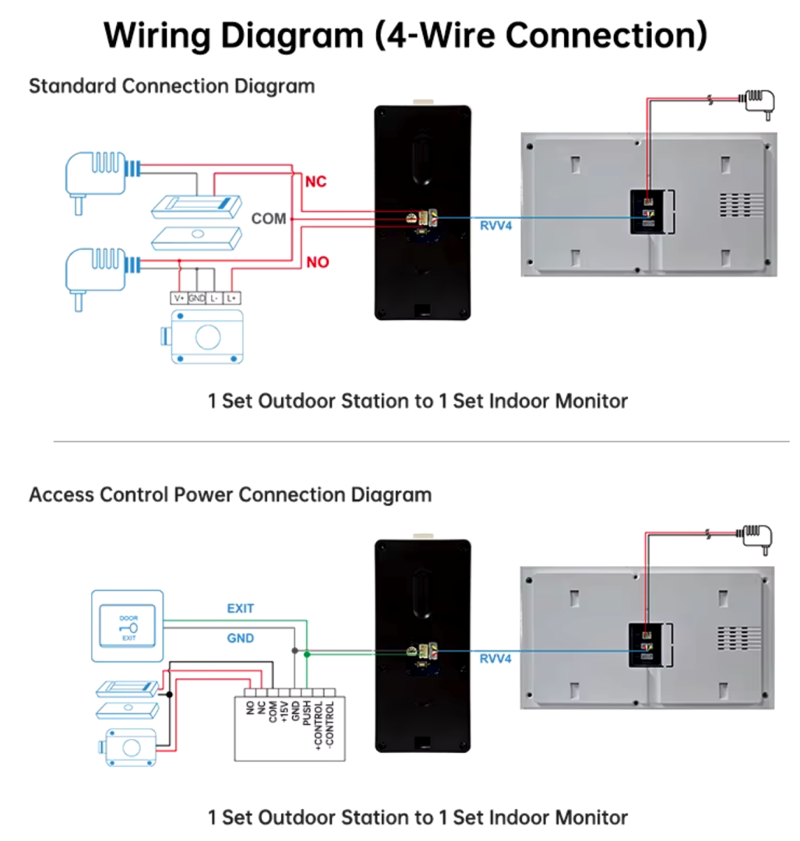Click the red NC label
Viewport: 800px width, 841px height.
pos(315,182)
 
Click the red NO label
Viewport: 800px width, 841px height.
pos(317,262)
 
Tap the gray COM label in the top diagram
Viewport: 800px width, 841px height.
pos(269,219)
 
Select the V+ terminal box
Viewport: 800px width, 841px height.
pos(179,297)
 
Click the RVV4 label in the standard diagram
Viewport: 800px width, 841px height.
pos(495,227)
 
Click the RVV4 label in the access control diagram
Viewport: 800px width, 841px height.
pos(495,659)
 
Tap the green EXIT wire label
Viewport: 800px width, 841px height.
pos(240,608)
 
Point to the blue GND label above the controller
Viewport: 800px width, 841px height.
pos(240,639)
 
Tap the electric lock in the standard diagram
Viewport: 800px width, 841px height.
pos(204,336)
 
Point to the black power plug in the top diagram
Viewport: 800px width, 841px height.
pos(759,102)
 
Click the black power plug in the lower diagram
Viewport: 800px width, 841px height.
pos(759,538)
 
